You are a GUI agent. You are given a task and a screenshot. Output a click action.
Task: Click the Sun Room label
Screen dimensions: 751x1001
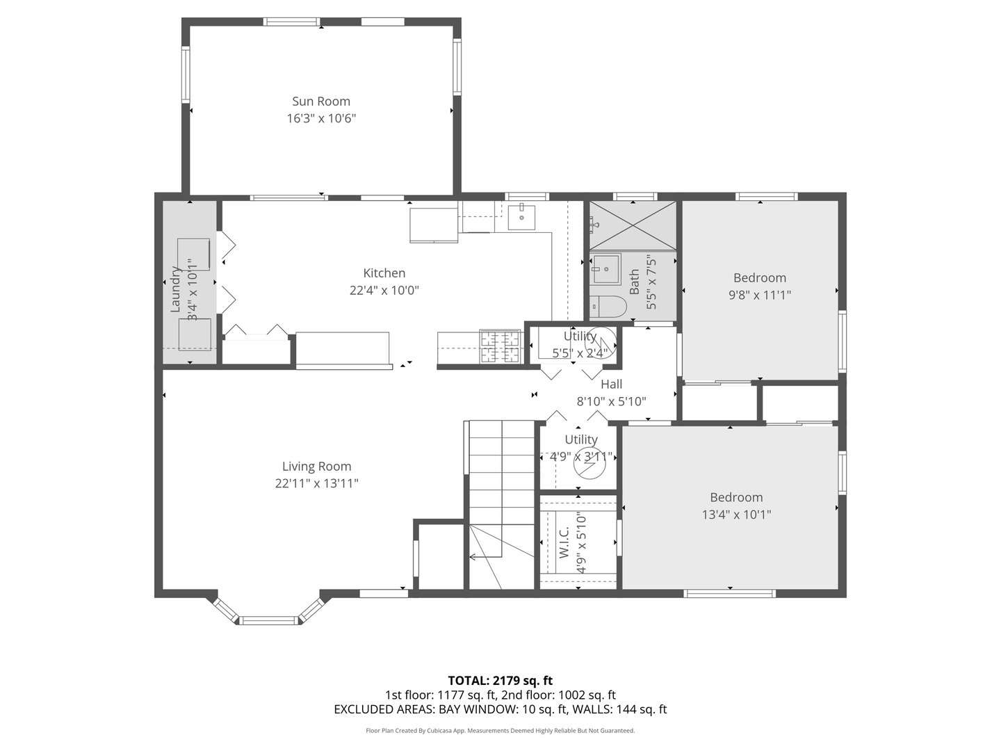320,102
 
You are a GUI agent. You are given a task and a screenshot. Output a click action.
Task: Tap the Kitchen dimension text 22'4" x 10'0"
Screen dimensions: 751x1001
384,291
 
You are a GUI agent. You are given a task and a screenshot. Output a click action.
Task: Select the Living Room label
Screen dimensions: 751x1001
316,467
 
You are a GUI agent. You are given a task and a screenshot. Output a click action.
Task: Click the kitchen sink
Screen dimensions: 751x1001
521,216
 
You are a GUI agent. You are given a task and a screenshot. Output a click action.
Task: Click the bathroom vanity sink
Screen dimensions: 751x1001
605,269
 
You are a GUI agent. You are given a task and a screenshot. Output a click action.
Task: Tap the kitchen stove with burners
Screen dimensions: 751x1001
500,347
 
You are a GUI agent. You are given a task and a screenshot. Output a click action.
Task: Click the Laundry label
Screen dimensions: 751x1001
176,289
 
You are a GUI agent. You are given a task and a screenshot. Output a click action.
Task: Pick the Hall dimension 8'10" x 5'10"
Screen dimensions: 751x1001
611,401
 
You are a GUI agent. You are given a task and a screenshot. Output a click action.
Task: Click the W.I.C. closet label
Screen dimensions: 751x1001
564,542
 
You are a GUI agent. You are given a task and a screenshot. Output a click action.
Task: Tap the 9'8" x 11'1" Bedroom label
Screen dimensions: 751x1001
759,278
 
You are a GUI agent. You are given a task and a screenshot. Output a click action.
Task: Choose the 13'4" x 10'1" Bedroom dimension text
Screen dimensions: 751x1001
736,515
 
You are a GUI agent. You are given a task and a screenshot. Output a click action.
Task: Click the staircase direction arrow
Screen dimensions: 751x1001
473,556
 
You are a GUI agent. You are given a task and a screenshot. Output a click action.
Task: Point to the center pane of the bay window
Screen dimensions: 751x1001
268,620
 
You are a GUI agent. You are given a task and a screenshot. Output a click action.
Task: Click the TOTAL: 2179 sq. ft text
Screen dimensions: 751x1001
500,680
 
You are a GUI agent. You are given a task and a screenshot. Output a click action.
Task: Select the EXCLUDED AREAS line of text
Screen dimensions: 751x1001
500,709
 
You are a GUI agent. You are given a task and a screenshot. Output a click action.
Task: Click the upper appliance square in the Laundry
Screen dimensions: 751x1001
193,254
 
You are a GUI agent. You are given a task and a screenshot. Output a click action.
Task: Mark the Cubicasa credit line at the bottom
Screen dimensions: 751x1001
500,731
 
